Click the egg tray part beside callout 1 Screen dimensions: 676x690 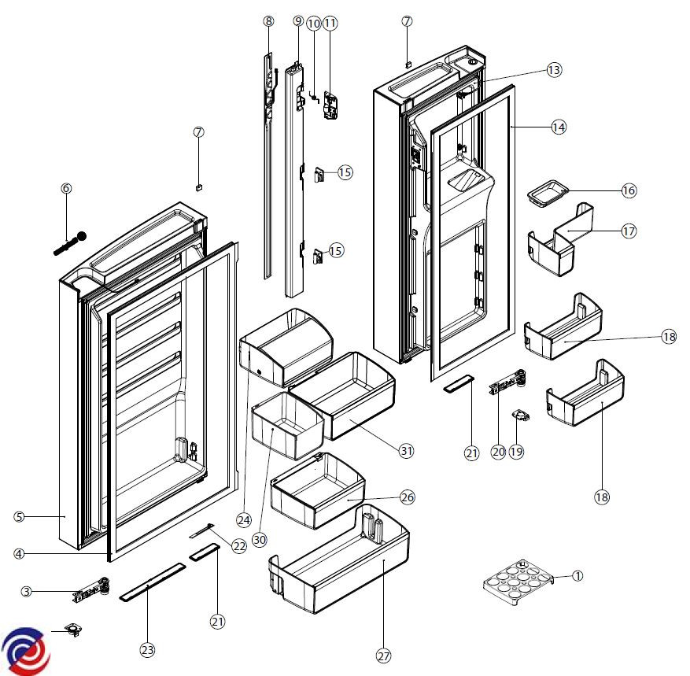click(518, 583)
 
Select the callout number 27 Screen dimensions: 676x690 click(382, 656)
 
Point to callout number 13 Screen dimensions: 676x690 click(554, 70)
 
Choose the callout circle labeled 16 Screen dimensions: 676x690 click(628, 190)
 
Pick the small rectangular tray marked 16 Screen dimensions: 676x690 click(549, 191)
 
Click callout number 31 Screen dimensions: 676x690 click(406, 451)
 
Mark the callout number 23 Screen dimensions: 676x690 click(147, 650)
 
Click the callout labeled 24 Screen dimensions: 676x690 click(244, 519)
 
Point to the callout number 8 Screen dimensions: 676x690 click(269, 22)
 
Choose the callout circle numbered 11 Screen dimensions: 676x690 click(330, 23)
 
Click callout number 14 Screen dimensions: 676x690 click(559, 127)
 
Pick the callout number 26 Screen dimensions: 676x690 click(407, 497)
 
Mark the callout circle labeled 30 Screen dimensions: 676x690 click(260, 540)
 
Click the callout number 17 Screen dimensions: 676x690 click(628, 231)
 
